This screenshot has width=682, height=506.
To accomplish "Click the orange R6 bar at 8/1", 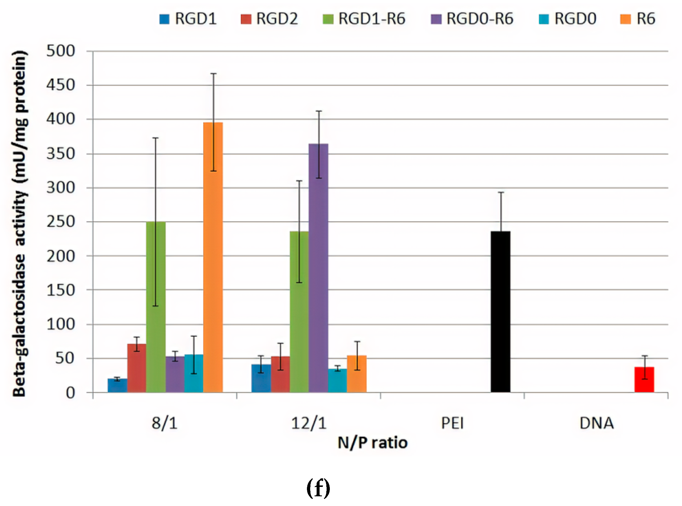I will point(213,257).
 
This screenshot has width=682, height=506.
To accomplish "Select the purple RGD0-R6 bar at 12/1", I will point(318,268).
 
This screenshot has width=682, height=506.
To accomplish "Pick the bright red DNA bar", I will point(644,380).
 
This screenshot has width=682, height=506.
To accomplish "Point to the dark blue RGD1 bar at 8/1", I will point(117,386).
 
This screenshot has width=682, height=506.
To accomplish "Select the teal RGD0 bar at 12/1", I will point(337,381).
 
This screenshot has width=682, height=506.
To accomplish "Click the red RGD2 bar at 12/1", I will point(280,374).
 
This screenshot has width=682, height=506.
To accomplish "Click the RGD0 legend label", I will point(575,19).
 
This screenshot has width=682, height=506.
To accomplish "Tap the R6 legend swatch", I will point(625,19).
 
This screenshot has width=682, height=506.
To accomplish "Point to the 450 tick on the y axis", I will point(61,85).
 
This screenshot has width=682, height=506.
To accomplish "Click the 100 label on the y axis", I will point(61,324).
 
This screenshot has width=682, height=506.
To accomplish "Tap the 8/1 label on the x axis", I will point(164,423).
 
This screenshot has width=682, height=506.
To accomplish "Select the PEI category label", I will point(452,423).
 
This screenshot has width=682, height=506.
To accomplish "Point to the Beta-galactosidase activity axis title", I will point(20,224).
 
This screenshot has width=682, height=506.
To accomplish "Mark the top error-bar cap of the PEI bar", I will point(501,192).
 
